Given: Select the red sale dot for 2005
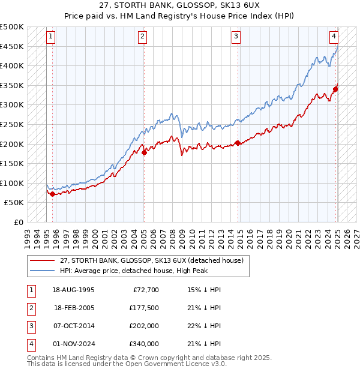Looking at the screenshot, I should pos(144,152).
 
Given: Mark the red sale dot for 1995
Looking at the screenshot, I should pos(53,194).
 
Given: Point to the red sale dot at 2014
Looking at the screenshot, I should pos(238,143).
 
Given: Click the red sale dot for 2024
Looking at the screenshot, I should pos(335,89).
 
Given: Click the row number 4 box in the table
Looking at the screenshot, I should pos(30,344).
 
